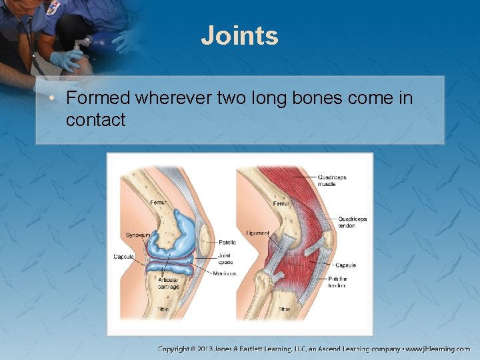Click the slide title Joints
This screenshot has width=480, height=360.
click(239, 35)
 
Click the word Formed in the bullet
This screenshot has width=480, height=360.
click(98, 99)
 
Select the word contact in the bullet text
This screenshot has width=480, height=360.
click(95, 121)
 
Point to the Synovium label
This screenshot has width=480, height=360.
click(137, 235)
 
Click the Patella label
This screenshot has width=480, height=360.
click(227, 243)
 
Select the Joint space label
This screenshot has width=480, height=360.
click(225, 259)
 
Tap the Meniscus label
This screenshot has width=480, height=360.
click(225, 273)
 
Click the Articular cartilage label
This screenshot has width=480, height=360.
click(168, 283)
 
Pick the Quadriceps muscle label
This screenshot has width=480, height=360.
click(331, 180)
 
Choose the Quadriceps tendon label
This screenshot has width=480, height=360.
click(352, 222)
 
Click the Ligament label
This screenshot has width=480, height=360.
click(257, 233)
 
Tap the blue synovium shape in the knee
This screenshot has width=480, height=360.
click(177, 230)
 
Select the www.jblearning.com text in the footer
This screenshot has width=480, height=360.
click(438, 349)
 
